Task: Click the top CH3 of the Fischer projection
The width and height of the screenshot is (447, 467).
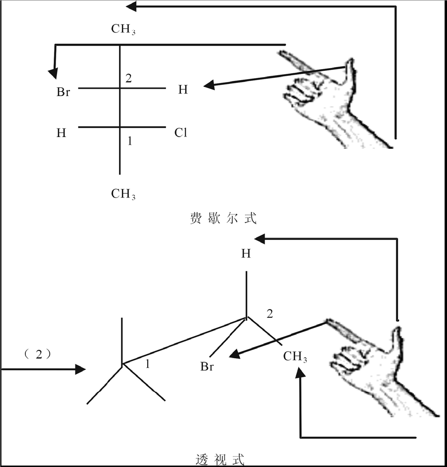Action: click(x=123, y=29)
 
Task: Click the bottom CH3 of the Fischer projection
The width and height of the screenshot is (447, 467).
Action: click(x=123, y=194)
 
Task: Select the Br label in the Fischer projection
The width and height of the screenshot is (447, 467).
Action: click(x=63, y=92)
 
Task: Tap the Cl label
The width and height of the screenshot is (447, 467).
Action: click(x=180, y=133)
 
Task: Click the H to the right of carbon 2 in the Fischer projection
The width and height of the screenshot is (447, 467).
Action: click(x=183, y=90)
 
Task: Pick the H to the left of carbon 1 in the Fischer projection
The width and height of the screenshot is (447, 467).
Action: click(x=61, y=133)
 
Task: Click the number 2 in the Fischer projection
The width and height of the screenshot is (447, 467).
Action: click(x=129, y=79)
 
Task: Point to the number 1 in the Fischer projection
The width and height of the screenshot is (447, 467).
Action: click(x=129, y=141)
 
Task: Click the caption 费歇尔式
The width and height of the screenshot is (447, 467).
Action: click(x=223, y=219)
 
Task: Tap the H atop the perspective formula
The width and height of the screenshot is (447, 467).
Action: click(x=246, y=254)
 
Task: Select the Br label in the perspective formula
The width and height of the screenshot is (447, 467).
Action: click(x=207, y=368)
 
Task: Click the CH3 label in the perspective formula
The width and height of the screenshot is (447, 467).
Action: click(x=295, y=357)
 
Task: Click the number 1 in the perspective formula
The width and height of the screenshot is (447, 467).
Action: click(x=147, y=364)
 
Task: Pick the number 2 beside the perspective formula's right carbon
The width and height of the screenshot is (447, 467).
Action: click(x=270, y=314)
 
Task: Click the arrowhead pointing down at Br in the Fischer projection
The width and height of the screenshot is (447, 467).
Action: click(x=53, y=73)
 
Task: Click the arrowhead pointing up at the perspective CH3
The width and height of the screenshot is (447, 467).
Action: click(x=301, y=371)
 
